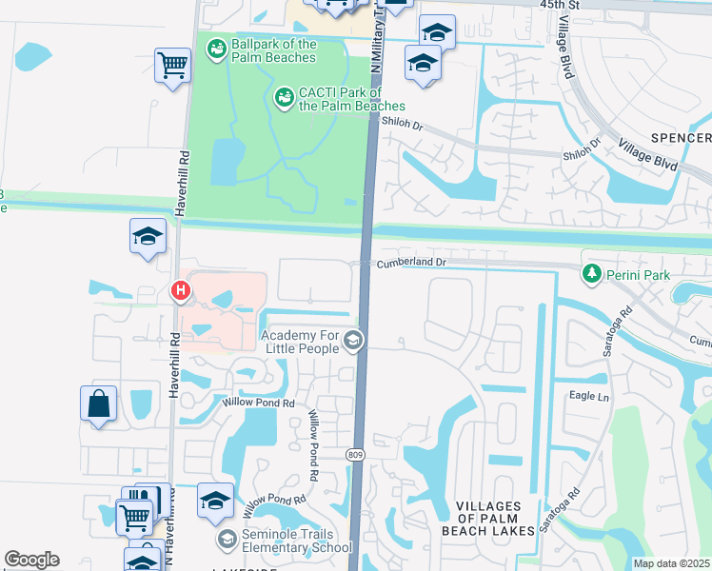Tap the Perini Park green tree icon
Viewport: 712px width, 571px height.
(593, 274)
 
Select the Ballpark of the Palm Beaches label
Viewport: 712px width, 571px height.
(273, 50)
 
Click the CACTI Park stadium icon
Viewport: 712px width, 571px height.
(284, 97)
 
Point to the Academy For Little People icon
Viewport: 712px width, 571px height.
(353, 340)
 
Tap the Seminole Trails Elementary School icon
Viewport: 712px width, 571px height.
(227, 540)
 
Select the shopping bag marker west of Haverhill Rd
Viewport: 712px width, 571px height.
(99, 403)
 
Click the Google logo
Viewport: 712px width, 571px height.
(32, 559)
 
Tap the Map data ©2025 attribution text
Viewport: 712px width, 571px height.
(671, 563)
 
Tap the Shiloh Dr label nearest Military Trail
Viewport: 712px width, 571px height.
(402, 124)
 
